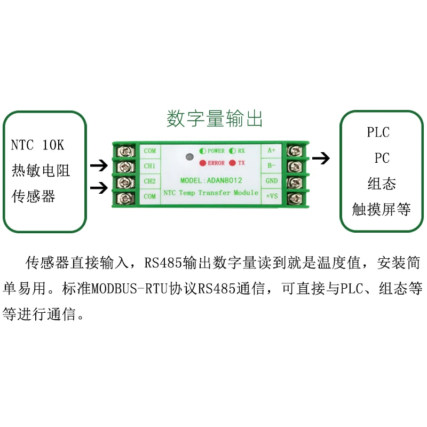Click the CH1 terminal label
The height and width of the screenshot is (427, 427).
point(150,166)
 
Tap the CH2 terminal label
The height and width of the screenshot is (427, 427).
point(150,181)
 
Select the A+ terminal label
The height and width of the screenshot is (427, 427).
point(272,151)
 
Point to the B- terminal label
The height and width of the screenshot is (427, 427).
point(272,165)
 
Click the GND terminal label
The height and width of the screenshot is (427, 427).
point(272,180)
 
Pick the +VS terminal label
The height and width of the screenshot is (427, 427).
point(272,196)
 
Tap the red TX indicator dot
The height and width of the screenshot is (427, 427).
point(233,163)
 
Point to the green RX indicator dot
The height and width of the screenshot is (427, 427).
point(233,151)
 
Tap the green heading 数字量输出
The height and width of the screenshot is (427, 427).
point(215,119)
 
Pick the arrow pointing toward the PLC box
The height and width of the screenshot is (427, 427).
point(321,158)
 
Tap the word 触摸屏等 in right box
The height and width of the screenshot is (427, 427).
point(381,210)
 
